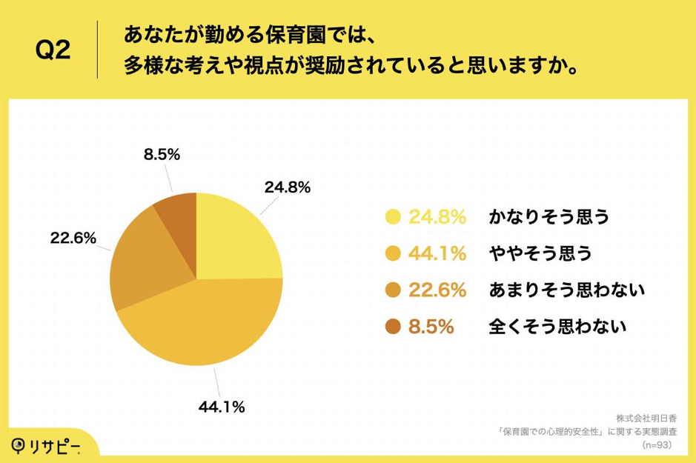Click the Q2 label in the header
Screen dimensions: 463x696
click(x=53, y=50)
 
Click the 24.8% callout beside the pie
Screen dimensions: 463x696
click(x=287, y=187)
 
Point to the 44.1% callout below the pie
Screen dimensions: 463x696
click(x=222, y=406)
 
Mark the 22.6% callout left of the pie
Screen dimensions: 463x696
click(x=73, y=238)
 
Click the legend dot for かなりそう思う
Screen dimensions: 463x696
click(x=394, y=217)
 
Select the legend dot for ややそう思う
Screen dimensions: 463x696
click(x=394, y=253)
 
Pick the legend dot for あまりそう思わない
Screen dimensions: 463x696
click(x=394, y=290)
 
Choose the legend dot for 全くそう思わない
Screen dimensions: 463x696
click(x=394, y=326)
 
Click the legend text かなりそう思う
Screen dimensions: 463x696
click(x=548, y=217)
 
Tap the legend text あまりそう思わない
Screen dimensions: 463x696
click(x=567, y=290)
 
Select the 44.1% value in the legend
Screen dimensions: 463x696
click(x=437, y=253)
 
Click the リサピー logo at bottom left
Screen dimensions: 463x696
click(x=46, y=445)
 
